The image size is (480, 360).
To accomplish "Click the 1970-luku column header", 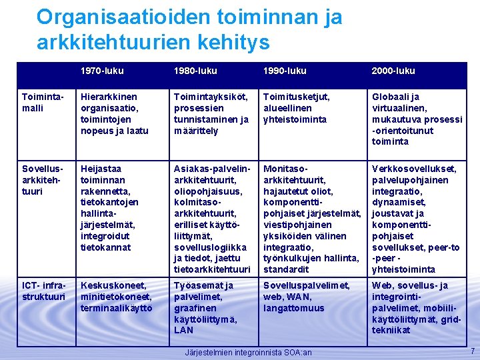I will tap(102, 71).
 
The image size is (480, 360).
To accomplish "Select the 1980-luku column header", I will tap(195, 71).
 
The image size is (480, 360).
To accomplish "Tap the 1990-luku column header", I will tap(285, 71).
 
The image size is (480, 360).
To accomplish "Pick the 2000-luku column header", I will tap(393, 71).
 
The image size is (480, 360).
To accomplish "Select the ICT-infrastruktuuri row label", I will tap(44, 291).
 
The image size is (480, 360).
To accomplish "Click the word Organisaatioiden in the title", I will tap(126, 17).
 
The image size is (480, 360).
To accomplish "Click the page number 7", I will tap(471, 351).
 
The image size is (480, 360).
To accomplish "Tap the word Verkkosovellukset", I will tap(414, 169).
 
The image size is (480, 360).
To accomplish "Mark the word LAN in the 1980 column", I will tap(183, 330).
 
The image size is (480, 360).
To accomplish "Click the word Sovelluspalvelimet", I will tap(307, 285).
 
